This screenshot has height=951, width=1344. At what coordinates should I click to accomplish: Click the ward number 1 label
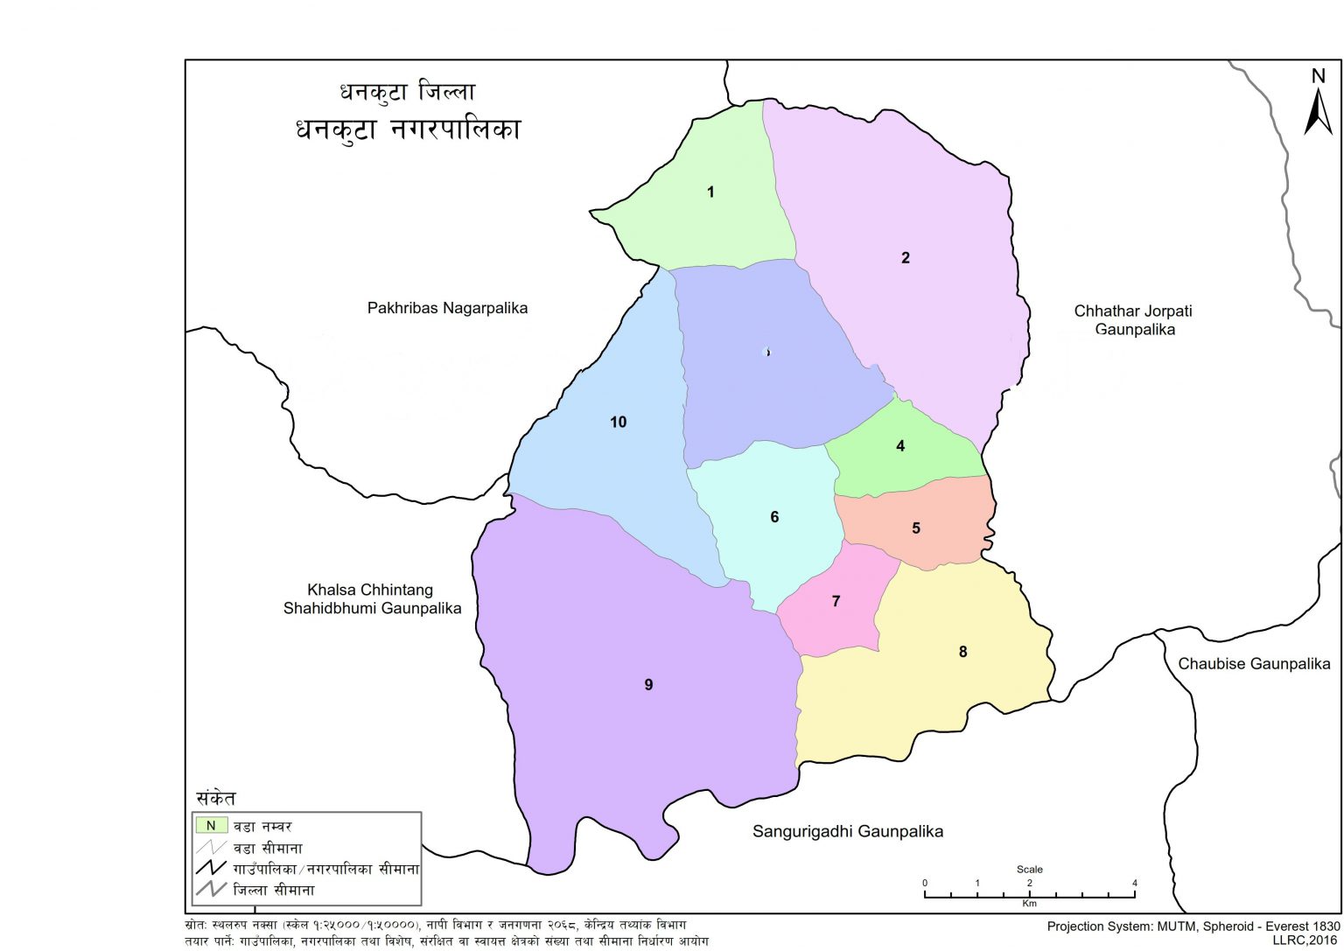(710, 192)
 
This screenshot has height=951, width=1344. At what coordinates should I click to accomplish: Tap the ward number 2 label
(906, 257)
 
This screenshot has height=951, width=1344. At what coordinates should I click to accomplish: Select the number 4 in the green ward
(900, 446)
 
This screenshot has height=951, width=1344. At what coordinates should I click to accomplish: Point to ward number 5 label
(916, 528)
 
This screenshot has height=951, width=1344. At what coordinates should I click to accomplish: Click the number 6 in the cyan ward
(774, 517)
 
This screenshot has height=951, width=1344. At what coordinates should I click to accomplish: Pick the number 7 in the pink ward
(836, 601)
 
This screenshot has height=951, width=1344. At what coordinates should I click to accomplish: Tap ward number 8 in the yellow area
(962, 652)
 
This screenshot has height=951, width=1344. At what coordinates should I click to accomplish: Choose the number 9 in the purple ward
(648, 685)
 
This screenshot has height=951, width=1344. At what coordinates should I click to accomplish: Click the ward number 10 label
(618, 423)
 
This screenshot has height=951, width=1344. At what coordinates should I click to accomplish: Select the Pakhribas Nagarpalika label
(447, 308)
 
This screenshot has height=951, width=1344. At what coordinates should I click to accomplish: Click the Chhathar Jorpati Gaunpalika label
(1133, 320)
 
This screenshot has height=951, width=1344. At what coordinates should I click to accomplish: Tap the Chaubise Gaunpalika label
(1254, 664)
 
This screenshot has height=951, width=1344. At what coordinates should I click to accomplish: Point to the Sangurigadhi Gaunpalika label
(848, 831)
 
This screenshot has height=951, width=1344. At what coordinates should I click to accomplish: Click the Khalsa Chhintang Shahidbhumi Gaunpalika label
(372, 599)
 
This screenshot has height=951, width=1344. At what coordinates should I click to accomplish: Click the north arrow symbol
(1318, 105)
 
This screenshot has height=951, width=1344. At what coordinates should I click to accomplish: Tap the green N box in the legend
(211, 825)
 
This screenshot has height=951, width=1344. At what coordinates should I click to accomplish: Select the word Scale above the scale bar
(1029, 870)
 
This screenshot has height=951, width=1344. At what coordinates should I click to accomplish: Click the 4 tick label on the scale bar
(1134, 883)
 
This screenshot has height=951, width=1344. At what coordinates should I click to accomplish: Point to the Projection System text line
(1193, 926)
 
